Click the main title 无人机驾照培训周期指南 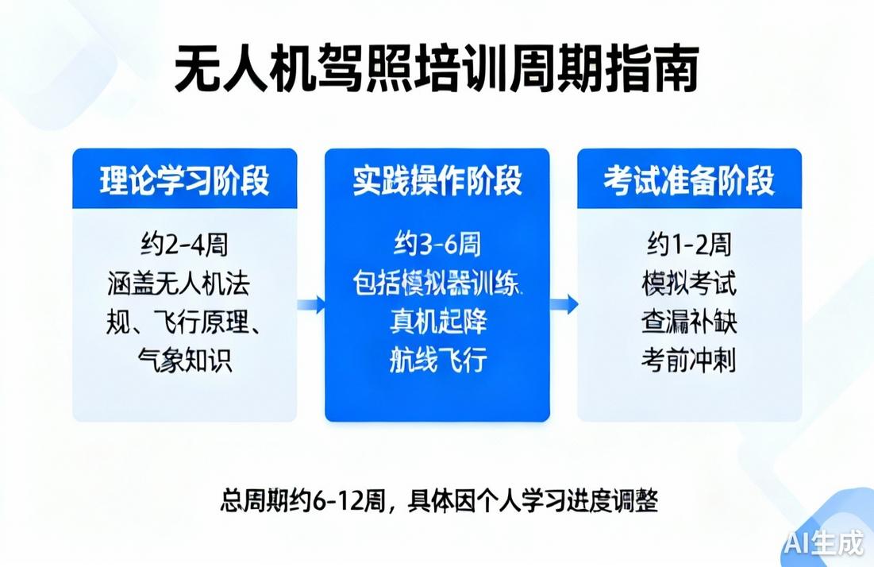click(436, 71)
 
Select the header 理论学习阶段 click(184, 180)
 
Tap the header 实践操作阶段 click(437, 180)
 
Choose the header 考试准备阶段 click(689, 180)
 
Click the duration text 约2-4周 click(185, 245)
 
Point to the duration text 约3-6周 click(437, 245)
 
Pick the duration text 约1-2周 click(689, 245)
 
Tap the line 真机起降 click(437, 322)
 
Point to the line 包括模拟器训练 click(437, 283)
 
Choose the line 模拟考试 click(689, 283)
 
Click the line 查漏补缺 click(689, 322)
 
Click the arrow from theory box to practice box click(311, 304)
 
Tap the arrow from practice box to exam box click(564, 304)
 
